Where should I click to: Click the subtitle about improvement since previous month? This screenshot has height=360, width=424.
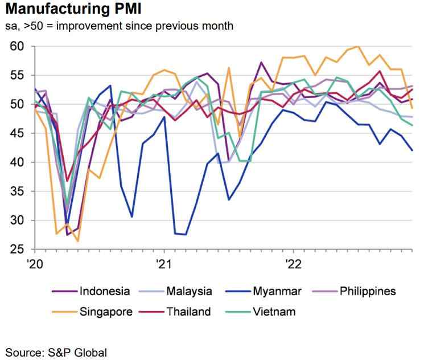click(119, 26)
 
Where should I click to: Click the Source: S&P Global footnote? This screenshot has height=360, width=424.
click(56, 351)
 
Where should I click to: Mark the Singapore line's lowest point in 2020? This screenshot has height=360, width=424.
click(77, 241)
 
